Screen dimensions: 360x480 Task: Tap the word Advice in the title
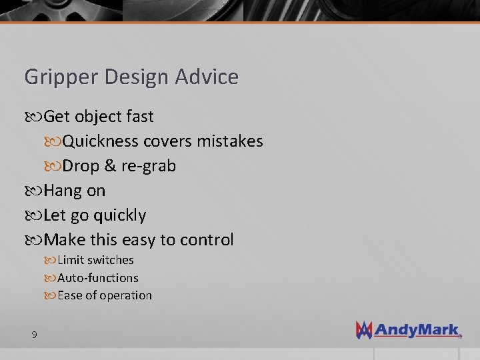(x=207, y=77)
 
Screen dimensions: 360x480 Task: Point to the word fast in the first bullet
(x=139, y=117)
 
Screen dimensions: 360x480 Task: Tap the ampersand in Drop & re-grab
(x=111, y=166)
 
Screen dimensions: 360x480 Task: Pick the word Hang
(x=64, y=191)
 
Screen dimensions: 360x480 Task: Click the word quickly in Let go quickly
(x=119, y=215)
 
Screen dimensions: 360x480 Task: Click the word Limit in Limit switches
(x=70, y=260)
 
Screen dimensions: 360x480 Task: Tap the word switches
(x=110, y=260)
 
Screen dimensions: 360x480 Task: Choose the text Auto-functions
(x=98, y=277)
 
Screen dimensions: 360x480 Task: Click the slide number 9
(x=34, y=334)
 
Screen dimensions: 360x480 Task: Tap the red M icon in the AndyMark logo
(x=365, y=330)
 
